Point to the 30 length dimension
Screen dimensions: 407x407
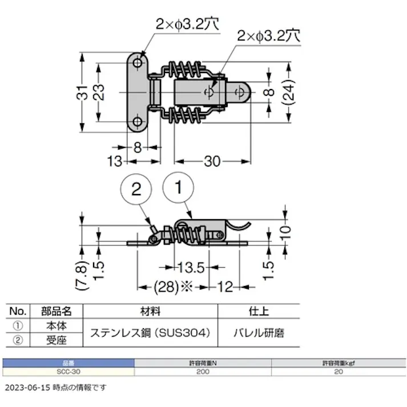coord(211,162)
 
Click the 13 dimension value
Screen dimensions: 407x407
coord(114,162)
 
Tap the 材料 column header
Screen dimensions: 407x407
coord(151,312)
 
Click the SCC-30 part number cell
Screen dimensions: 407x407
coord(68,372)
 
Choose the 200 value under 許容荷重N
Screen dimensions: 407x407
coord(203,372)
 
